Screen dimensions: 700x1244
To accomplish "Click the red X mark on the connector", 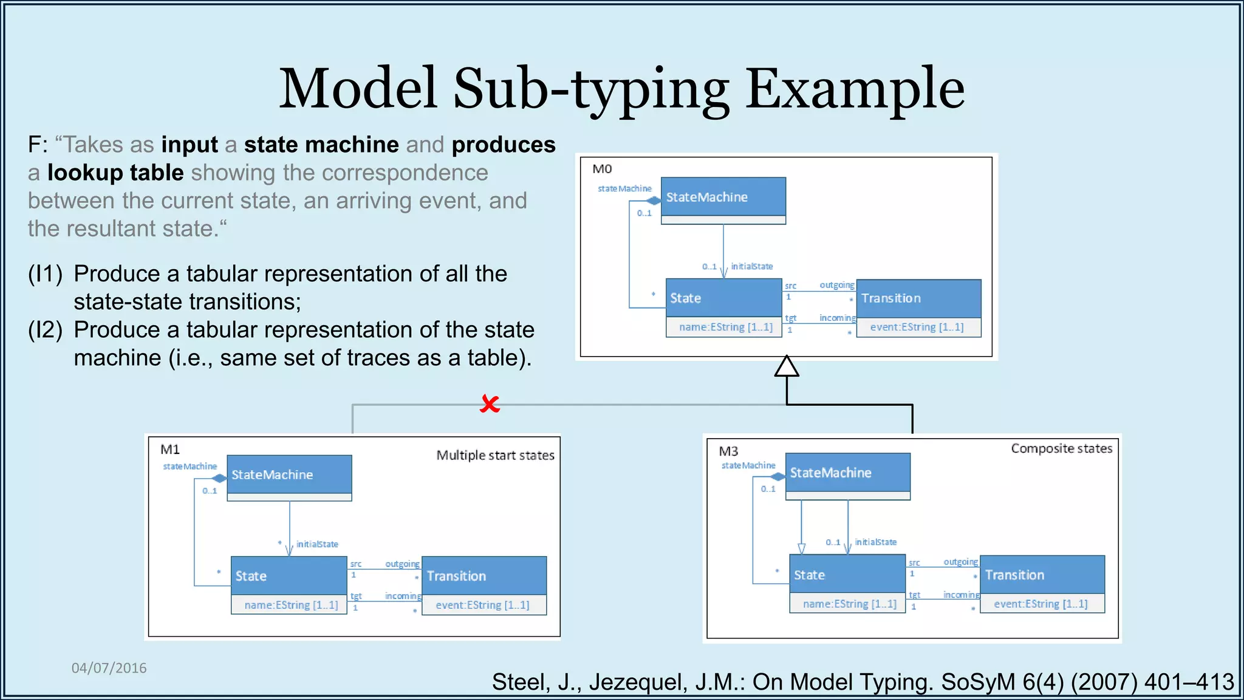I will click(490, 403).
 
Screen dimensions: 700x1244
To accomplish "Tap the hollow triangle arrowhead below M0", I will click(787, 367).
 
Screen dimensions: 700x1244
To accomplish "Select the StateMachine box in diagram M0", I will click(723, 197).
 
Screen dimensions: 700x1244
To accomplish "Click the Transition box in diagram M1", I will click(484, 576).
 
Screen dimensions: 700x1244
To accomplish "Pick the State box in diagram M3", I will click(847, 575).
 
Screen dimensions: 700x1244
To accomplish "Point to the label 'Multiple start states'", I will click(495, 455).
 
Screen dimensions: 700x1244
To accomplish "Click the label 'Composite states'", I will click(1061, 448).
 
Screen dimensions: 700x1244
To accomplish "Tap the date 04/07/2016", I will click(109, 668).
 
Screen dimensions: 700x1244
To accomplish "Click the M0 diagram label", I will click(602, 169).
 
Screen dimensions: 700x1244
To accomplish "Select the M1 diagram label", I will click(170, 450).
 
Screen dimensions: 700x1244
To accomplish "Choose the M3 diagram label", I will click(728, 451).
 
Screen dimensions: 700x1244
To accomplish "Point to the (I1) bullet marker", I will click(45, 274).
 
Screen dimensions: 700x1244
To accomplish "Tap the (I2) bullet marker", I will click(45, 330).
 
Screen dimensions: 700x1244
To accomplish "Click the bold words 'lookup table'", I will click(115, 173).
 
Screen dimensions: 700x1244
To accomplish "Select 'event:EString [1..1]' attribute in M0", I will click(917, 327).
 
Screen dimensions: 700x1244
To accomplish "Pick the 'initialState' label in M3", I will click(875, 542).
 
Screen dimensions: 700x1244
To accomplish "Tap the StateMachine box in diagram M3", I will click(847, 473).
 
